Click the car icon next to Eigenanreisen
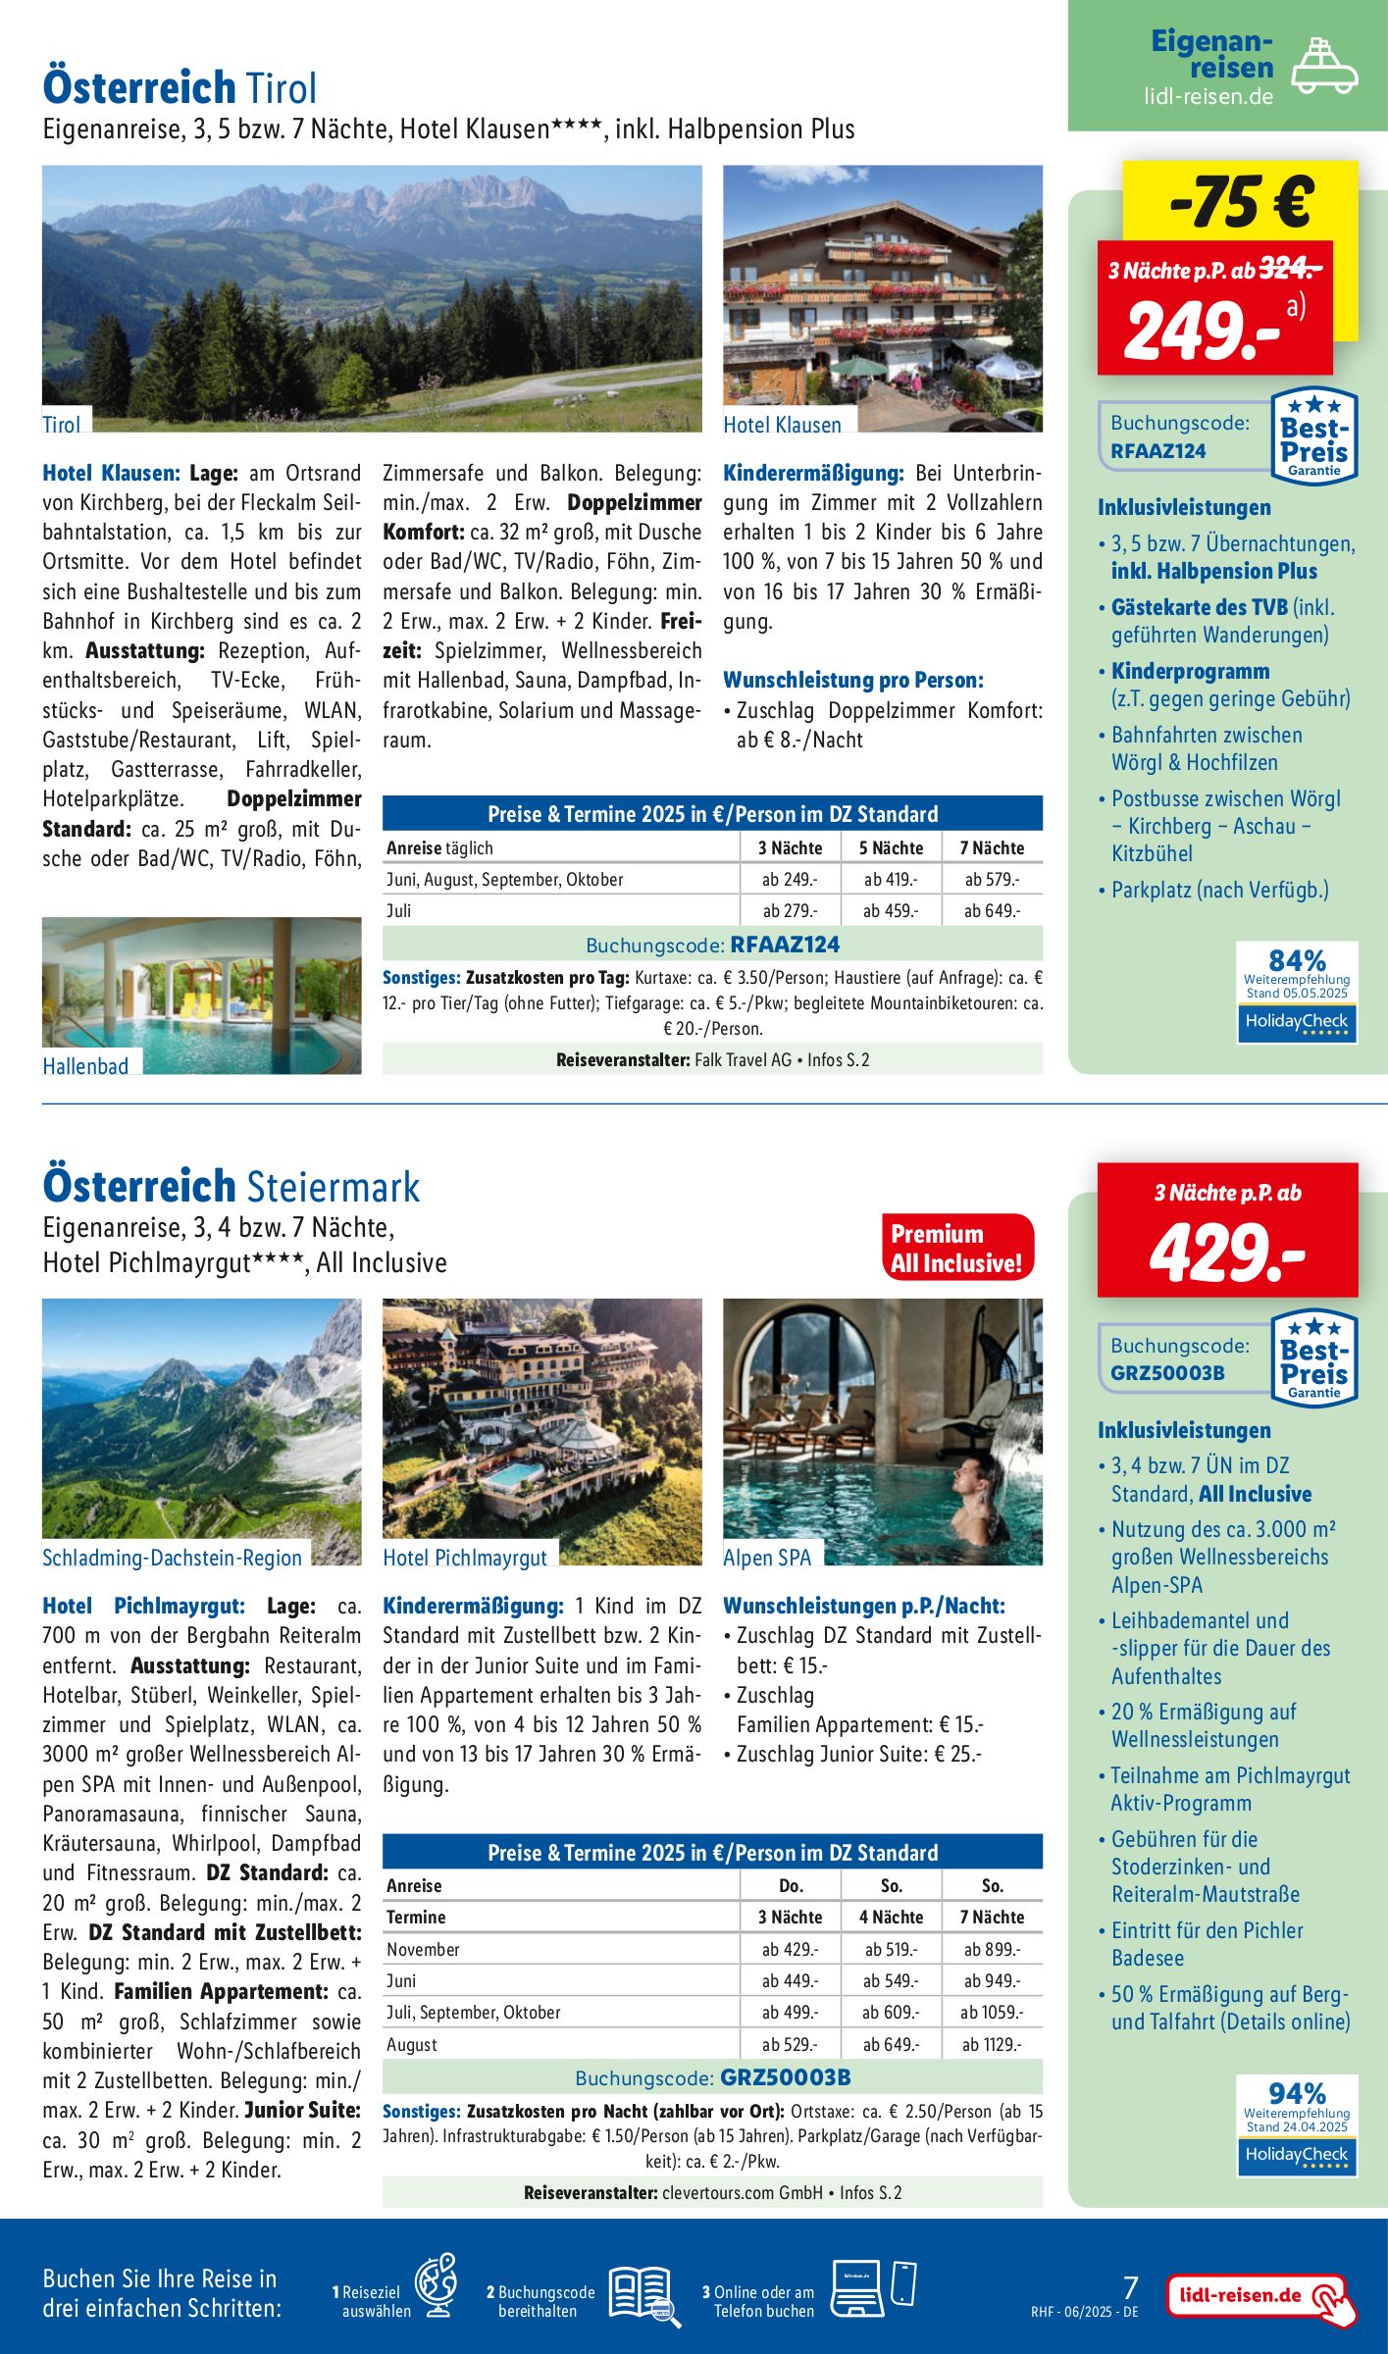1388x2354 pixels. [x=1323, y=67]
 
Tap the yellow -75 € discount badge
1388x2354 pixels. [x=1241, y=201]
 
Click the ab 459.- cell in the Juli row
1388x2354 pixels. [x=891, y=910]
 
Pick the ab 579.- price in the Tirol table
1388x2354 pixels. [x=992, y=879]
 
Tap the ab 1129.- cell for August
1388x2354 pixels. [x=992, y=2044]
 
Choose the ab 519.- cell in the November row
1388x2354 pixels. [x=891, y=1949]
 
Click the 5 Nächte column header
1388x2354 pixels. [x=891, y=847]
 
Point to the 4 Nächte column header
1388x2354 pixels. [x=891, y=1917]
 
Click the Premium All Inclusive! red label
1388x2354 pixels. [x=956, y=1248]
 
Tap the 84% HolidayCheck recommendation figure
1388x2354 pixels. [x=1297, y=960]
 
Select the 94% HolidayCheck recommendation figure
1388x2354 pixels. [x=1297, y=2093]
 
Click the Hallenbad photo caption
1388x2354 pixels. [x=85, y=1066]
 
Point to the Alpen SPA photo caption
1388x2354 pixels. [x=767, y=1557]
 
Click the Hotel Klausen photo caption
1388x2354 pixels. [x=782, y=425]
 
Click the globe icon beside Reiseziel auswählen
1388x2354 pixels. [x=436, y=2284]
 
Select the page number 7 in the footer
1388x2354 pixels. [x=1130, y=2287]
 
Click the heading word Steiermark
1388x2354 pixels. [x=333, y=1187]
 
